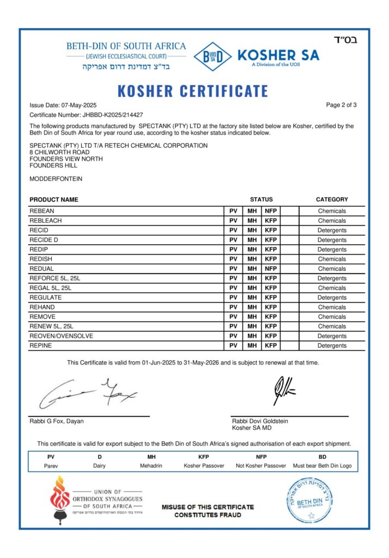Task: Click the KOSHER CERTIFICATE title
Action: (193, 91)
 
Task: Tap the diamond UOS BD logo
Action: (212, 56)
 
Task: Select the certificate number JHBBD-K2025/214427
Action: (113, 114)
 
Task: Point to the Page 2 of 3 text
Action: (341, 105)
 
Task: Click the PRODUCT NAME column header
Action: (54, 199)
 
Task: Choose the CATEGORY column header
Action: (331, 199)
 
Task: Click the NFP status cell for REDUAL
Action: (271, 269)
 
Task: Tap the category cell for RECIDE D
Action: (332, 240)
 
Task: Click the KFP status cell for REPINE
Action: (271, 345)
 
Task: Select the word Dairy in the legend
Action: (100, 466)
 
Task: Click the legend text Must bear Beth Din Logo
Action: (322, 466)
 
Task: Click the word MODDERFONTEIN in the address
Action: (56, 179)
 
